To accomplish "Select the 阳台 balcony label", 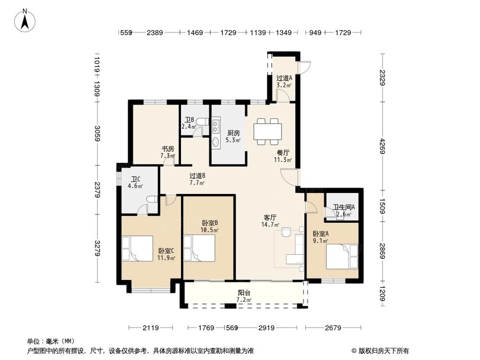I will pos(244,293).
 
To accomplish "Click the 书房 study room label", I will pos(168,149).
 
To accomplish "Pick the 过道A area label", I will pos(284,78).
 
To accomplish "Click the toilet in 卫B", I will pos(204,123).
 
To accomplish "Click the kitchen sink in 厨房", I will pos(216,141).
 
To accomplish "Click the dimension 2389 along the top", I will pos(155,33).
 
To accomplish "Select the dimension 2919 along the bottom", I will pos(266,328).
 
